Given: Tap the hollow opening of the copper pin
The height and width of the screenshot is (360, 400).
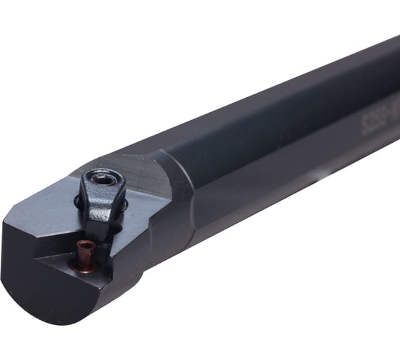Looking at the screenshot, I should [85, 245].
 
